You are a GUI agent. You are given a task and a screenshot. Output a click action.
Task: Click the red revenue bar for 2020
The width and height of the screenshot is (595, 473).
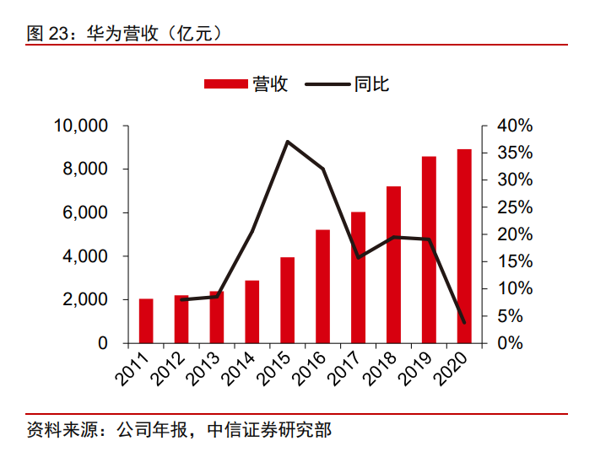click(x=464, y=246)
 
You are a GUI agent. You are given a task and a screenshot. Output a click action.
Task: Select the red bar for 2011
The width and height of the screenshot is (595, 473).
click(x=146, y=321)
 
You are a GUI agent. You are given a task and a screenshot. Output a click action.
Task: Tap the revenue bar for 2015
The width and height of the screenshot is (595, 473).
click(x=288, y=300)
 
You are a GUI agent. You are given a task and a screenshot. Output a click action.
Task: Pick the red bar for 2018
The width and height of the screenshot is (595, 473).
click(x=393, y=265)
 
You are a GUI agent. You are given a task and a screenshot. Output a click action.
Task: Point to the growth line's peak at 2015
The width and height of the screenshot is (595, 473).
click(x=288, y=142)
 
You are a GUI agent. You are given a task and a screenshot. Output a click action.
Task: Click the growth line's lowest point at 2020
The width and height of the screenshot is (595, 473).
click(x=464, y=322)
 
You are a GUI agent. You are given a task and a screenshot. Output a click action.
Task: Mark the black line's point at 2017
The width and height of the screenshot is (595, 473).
click(x=359, y=257)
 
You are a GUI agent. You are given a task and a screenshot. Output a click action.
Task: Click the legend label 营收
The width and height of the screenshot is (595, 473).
click(x=270, y=83)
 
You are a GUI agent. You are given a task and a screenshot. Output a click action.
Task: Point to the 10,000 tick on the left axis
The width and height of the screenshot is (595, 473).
click(x=81, y=126)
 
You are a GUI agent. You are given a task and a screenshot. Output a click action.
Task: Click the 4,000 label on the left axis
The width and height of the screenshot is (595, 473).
click(x=88, y=256)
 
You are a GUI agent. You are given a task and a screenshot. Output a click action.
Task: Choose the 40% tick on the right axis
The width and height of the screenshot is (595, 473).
click(x=514, y=126)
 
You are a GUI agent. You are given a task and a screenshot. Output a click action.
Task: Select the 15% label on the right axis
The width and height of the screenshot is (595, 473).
click(x=514, y=261)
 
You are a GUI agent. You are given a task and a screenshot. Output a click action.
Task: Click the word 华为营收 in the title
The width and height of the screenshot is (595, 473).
click(x=118, y=33)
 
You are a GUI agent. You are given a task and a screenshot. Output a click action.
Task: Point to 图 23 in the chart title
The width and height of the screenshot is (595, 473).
click(x=47, y=33)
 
